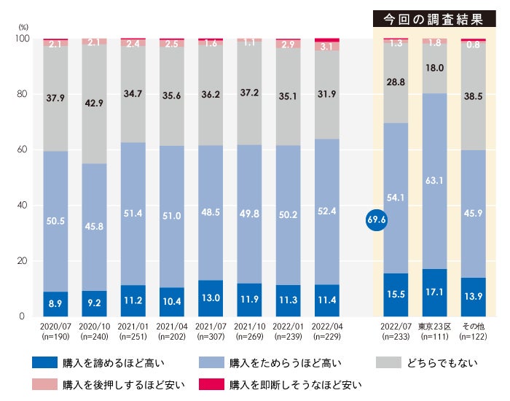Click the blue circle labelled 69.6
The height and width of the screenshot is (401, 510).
pos(377,219)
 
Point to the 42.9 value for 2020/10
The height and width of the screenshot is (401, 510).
pos(94,104)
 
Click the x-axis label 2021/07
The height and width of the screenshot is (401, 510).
pos(211,328)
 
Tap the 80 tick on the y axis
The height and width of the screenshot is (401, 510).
pos(21,94)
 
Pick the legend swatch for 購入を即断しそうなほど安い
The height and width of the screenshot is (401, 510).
pos(211,384)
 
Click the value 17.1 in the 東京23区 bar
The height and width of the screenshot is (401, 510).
pos(435,292)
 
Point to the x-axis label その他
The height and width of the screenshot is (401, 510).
pos(474,328)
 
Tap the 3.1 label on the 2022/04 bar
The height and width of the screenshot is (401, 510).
pos(326,46)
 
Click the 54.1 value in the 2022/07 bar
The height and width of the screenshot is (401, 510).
pos(396,196)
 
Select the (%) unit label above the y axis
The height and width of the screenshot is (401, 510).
pos(21,27)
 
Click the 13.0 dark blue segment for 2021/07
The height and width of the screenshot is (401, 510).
pos(211,297)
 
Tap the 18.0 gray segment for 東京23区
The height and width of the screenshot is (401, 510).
pos(435,68)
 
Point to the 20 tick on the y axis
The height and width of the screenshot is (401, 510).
pos(21,260)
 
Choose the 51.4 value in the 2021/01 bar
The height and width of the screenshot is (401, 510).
pos(133,212)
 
